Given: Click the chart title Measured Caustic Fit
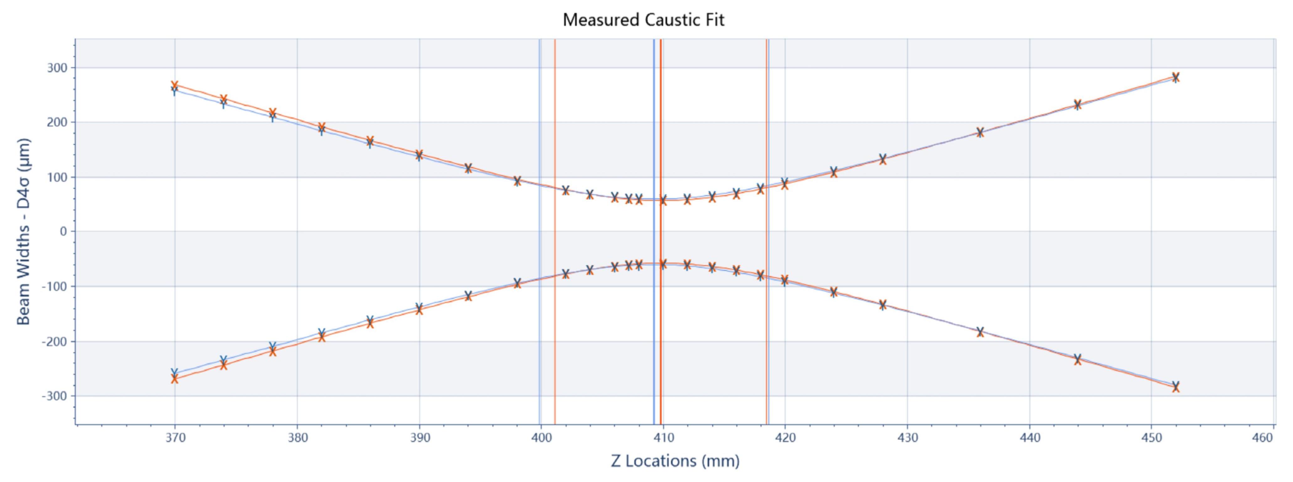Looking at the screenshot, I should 643,20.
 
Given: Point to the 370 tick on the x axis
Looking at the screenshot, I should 175,438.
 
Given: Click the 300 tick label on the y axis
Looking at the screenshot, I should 57,68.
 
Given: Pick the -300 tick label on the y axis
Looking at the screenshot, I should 54,396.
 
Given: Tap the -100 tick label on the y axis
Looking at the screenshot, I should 54,286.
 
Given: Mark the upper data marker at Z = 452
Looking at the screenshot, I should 1176,77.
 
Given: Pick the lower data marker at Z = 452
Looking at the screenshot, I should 1176,387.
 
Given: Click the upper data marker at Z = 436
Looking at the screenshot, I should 980,132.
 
